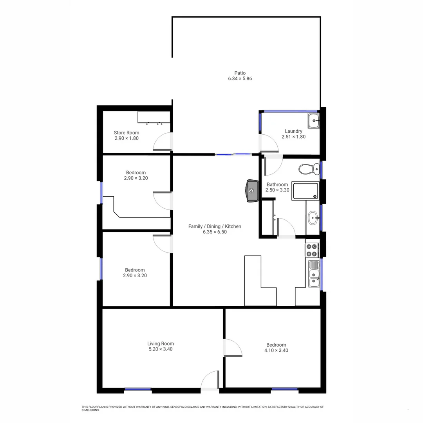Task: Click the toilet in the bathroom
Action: click(309, 169)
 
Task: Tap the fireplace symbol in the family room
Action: click(251, 191)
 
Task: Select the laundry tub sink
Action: click(313, 121)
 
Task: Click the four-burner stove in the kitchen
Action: click(312, 250)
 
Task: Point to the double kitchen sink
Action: click(314, 274)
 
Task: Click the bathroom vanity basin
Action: click(313, 218)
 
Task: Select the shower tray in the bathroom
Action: click(305, 191)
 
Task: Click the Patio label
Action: click(240, 73)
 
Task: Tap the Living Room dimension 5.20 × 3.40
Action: click(160, 349)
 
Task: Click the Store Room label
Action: click(127, 133)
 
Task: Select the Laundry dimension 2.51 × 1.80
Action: click(293, 137)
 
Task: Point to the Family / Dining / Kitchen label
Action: click(215, 226)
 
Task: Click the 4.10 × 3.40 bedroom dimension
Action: click(276, 351)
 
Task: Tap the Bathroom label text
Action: click(277, 184)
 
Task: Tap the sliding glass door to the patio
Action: click(234, 155)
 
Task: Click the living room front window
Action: click(138, 389)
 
